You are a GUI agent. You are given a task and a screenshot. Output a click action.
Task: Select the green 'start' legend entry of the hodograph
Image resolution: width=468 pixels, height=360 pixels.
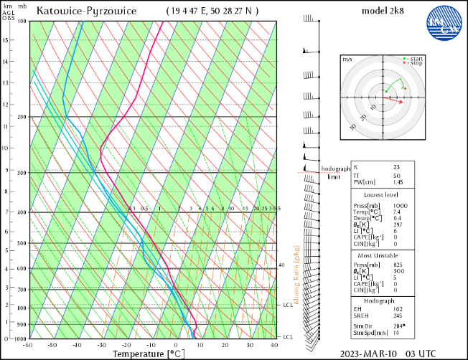415,59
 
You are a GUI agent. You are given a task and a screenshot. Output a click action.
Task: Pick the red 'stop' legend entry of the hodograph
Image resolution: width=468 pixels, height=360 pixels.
414,64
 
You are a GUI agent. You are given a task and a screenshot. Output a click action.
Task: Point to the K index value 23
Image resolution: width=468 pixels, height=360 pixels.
396,168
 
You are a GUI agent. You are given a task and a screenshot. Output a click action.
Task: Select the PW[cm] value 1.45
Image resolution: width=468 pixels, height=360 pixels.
398,183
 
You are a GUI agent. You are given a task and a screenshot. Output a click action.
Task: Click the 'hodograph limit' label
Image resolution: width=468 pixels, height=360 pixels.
334,172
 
